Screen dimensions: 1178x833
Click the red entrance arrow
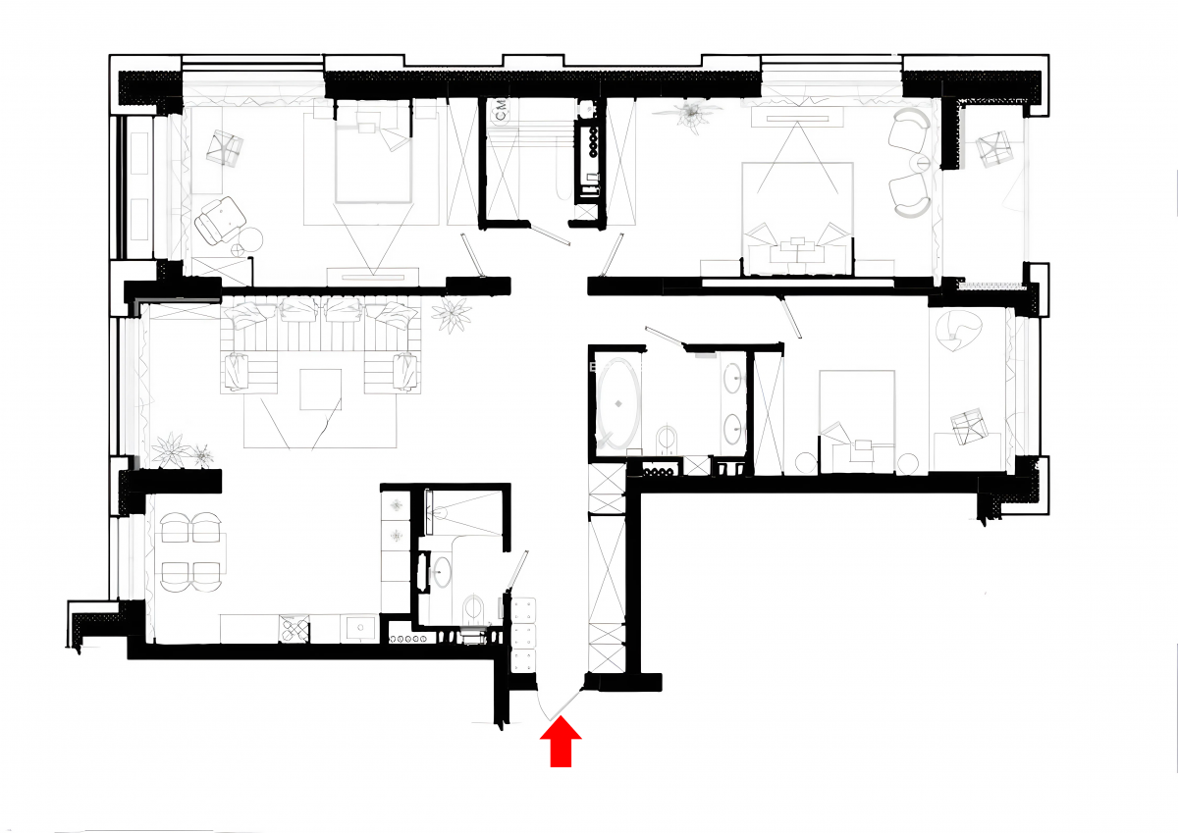561,742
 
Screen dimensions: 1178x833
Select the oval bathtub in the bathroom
619,404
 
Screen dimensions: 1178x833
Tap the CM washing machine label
502,111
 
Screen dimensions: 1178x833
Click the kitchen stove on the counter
294,629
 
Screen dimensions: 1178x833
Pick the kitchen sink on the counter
360,628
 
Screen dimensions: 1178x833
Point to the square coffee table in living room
321,390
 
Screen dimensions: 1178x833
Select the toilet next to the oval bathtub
668,441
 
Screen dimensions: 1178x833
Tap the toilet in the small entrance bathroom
473,610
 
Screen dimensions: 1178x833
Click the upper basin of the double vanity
732,378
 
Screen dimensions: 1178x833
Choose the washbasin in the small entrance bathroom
441,571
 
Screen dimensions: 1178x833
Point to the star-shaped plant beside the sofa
452,315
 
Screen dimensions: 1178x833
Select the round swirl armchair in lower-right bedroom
959,330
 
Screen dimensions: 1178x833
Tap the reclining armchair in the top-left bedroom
220,221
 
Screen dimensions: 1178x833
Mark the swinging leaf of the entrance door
565,703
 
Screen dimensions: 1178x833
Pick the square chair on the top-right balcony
993,149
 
